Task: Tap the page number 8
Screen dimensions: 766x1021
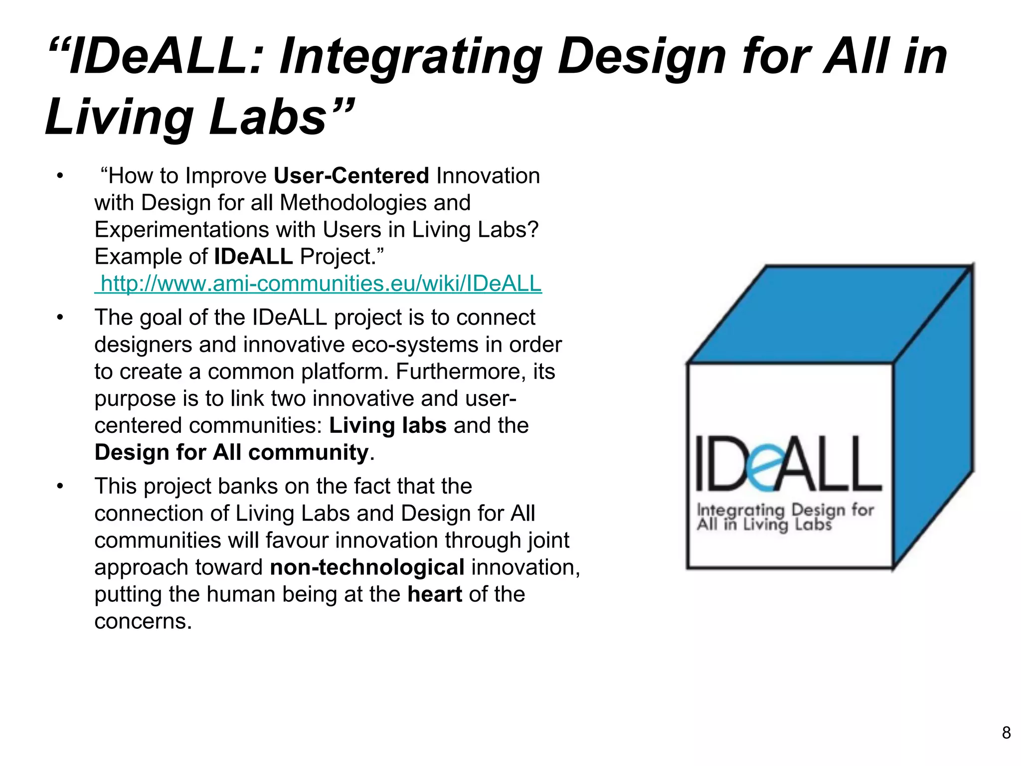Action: [1006, 733]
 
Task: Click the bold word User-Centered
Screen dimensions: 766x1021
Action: [351, 176]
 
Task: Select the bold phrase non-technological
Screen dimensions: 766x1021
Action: [367, 568]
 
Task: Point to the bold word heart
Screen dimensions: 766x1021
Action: [434, 594]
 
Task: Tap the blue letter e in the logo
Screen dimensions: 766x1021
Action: [762, 466]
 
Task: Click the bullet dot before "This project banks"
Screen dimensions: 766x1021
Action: [60, 486]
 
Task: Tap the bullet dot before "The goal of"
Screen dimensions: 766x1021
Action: [60, 318]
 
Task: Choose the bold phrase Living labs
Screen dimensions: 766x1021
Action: [387, 426]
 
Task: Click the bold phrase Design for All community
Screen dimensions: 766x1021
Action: [232, 453]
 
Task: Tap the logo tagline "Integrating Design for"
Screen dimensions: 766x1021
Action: [785, 510]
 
